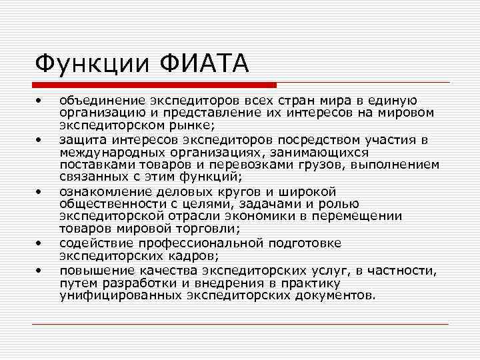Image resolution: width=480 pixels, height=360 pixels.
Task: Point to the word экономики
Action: (273, 216)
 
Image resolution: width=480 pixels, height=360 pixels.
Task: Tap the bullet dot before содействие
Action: (40, 243)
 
